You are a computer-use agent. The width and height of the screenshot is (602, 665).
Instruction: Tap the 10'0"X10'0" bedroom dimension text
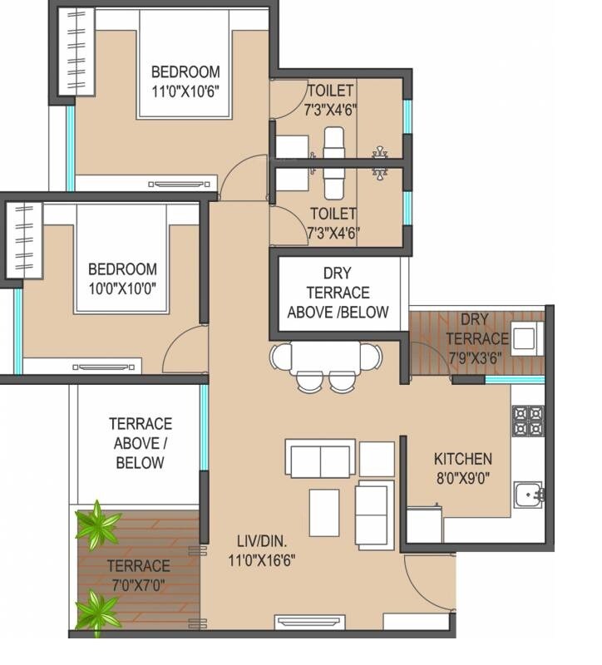(x=122, y=288)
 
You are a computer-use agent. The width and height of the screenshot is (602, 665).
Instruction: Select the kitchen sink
(x=527, y=495)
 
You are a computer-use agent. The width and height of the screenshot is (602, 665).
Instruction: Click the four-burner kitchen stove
(x=527, y=420)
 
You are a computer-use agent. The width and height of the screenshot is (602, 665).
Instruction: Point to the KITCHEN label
(x=463, y=459)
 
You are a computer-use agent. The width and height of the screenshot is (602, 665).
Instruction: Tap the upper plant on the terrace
(x=98, y=525)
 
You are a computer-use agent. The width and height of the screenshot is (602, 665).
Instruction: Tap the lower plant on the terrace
(x=98, y=613)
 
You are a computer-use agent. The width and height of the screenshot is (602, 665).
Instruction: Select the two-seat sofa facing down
(x=320, y=459)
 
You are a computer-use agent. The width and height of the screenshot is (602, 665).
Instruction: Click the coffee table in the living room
(x=324, y=513)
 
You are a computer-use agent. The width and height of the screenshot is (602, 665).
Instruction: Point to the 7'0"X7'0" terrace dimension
(x=138, y=584)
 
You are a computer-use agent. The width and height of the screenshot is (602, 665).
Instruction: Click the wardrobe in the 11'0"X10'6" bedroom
(x=76, y=49)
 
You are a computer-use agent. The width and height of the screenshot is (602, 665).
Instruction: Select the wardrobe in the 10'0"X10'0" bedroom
(x=24, y=240)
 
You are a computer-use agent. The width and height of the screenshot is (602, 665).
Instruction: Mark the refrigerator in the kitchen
(x=424, y=524)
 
